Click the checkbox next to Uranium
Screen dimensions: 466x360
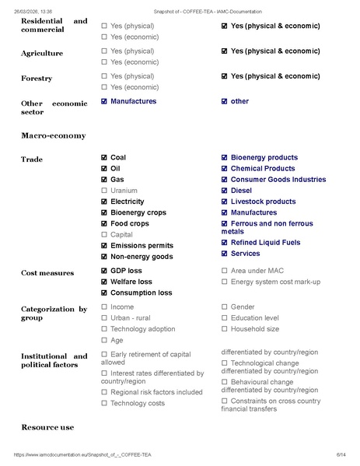(x=104, y=191)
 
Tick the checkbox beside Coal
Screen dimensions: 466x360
(x=104, y=158)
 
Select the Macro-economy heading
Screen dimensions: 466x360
(x=53, y=136)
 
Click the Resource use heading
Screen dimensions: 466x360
(x=47, y=428)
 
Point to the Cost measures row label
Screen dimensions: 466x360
(x=47, y=273)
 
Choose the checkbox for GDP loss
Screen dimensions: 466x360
(x=104, y=271)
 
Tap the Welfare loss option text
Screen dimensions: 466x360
(x=131, y=282)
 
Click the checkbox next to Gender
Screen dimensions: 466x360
(x=225, y=307)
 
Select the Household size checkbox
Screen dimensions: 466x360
(x=225, y=329)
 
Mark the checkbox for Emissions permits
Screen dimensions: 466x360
(x=104, y=246)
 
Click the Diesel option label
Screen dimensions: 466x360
(x=241, y=191)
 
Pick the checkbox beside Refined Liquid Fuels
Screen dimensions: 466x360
(x=225, y=243)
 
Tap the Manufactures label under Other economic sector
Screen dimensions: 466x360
(x=133, y=102)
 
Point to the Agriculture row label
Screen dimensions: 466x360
(x=42, y=53)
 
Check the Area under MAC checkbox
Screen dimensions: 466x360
(x=225, y=271)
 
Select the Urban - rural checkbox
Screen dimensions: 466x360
(x=104, y=318)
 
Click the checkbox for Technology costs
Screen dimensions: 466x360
(x=104, y=404)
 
